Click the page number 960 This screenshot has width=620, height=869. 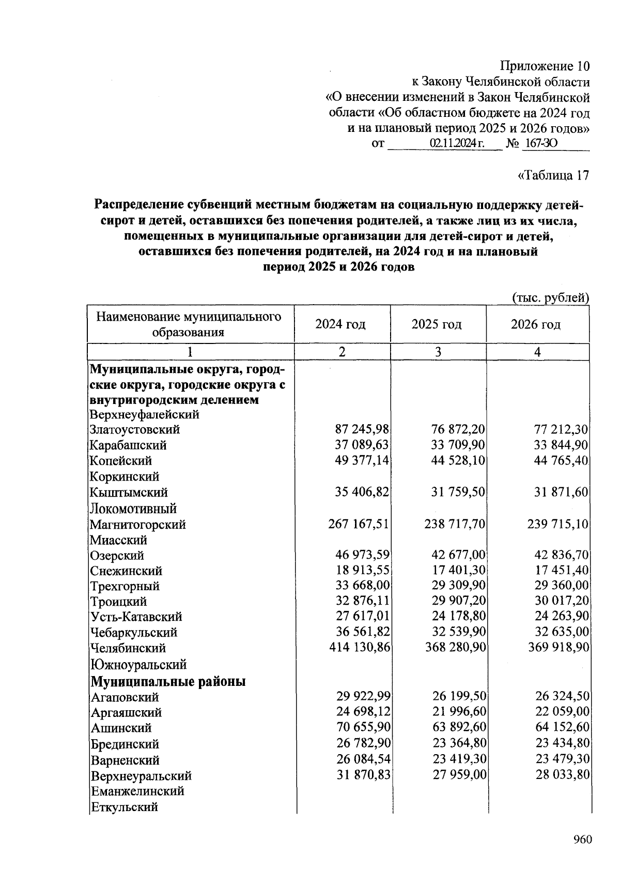pyautogui.click(x=582, y=840)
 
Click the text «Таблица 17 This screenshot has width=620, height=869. pyautogui.click(x=553, y=176)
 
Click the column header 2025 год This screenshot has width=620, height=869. pyautogui.click(x=437, y=324)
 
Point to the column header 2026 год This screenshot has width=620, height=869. pyautogui.click(x=536, y=324)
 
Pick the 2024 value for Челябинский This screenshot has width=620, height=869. pyautogui.click(x=359, y=648)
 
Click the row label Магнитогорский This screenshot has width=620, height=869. pyautogui.click(x=138, y=525)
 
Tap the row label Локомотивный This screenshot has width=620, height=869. pyautogui.click(x=133, y=508)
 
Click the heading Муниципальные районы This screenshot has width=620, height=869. pyautogui.click(x=168, y=681)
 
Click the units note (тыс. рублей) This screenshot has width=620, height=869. pyautogui.click(x=550, y=297)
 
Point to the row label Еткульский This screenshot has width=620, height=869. pyautogui.click(x=124, y=807)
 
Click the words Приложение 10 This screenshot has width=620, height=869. pyautogui.click(x=544, y=66)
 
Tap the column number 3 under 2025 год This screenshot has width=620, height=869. pyautogui.click(x=438, y=352)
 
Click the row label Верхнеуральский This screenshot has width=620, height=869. pyautogui.click(x=141, y=776)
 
